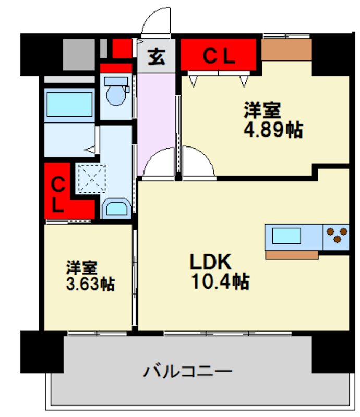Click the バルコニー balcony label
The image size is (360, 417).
pyautogui.click(x=187, y=372)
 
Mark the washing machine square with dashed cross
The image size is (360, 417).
pyautogui.click(x=92, y=178)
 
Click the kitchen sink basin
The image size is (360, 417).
pyautogui.click(x=287, y=236)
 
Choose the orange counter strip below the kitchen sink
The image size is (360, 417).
pyautogui.click(x=292, y=255)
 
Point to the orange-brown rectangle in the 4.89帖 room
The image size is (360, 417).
pyautogui.click(x=286, y=50)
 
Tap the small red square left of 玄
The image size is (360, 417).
pyautogui.click(x=122, y=48)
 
